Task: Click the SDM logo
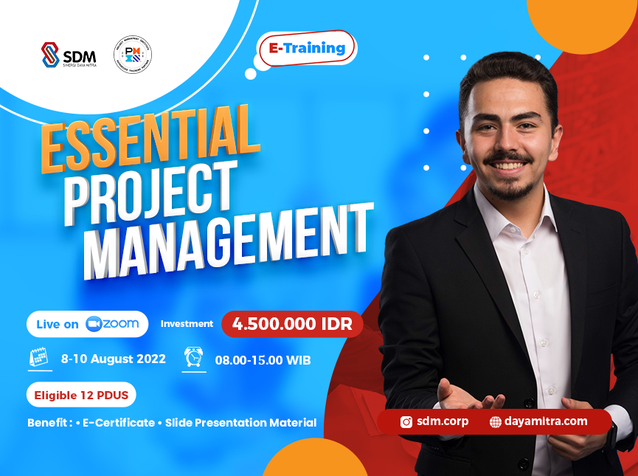pyautogui.click(x=68, y=56)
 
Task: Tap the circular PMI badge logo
pyautogui.click(x=133, y=55)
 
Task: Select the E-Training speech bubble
pyautogui.click(x=307, y=49)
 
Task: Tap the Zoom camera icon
pyautogui.click(x=93, y=324)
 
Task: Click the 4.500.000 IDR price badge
pyautogui.click(x=292, y=324)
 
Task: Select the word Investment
pyautogui.click(x=187, y=324)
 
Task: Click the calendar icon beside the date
pyautogui.click(x=38, y=359)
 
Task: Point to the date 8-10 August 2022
pyautogui.click(x=114, y=359)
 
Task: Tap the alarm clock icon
pyautogui.click(x=193, y=358)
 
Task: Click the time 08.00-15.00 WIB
pyautogui.click(x=263, y=360)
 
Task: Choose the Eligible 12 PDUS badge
pyautogui.click(x=81, y=396)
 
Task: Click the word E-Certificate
pyautogui.click(x=119, y=423)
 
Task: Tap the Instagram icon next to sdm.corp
pyautogui.click(x=406, y=422)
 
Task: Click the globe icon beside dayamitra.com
pyautogui.click(x=496, y=422)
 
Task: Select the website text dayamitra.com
pyautogui.click(x=547, y=421)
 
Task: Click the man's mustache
pyautogui.click(x=509, y=157)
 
